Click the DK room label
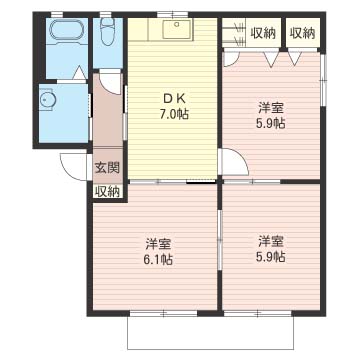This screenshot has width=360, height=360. tap(172, 98)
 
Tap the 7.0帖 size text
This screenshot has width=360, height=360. tap(173, 114)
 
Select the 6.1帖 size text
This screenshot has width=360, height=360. tap(159, 259)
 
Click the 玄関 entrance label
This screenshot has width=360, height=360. tap(107, 168)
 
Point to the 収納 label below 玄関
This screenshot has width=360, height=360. tap(107, 192)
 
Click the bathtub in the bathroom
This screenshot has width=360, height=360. tap(67, 31)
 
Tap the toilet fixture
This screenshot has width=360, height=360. tap(107, 32)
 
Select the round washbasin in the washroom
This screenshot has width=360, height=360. tap(47, 99)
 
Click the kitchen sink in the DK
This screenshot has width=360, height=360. tap(177, 28)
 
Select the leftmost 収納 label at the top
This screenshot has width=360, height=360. tap(263, 33)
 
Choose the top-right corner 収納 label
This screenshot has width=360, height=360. tap(302, 33)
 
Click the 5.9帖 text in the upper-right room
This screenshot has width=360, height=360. tap(271, 124)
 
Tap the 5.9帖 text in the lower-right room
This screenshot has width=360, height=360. tap(271, 256)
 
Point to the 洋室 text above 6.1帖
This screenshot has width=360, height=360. tap(159, 244)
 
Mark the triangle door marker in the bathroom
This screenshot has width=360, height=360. tap(79, 73)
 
